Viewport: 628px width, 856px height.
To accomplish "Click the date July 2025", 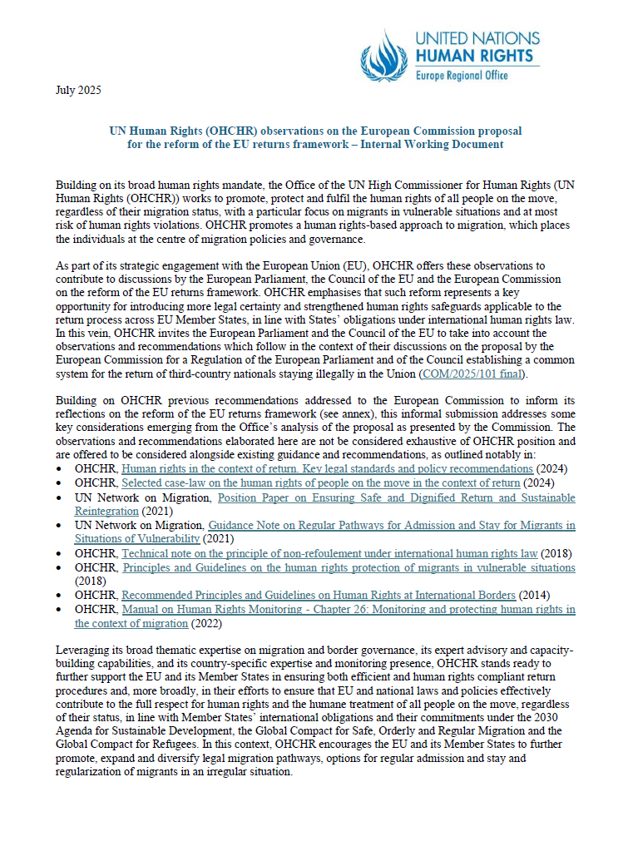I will (x=78, y=90).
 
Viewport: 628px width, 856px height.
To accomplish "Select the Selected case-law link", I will (x=321, y=482).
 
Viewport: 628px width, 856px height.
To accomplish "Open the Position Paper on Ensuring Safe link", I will (x=396, y=497).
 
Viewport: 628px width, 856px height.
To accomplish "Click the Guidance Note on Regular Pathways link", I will (x=391, y=526).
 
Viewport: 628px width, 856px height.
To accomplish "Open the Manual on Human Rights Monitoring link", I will (x=348, y=610).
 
